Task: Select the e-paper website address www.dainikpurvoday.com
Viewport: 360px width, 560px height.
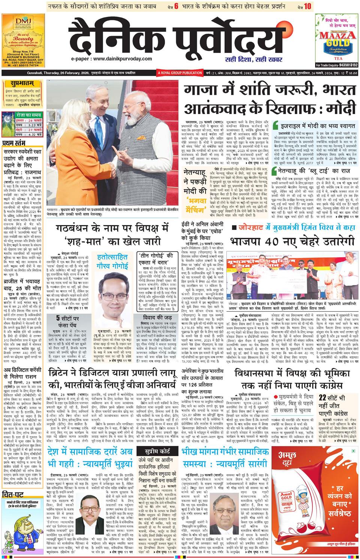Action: [112, 59]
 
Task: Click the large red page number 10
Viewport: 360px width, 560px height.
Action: [307, 6]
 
